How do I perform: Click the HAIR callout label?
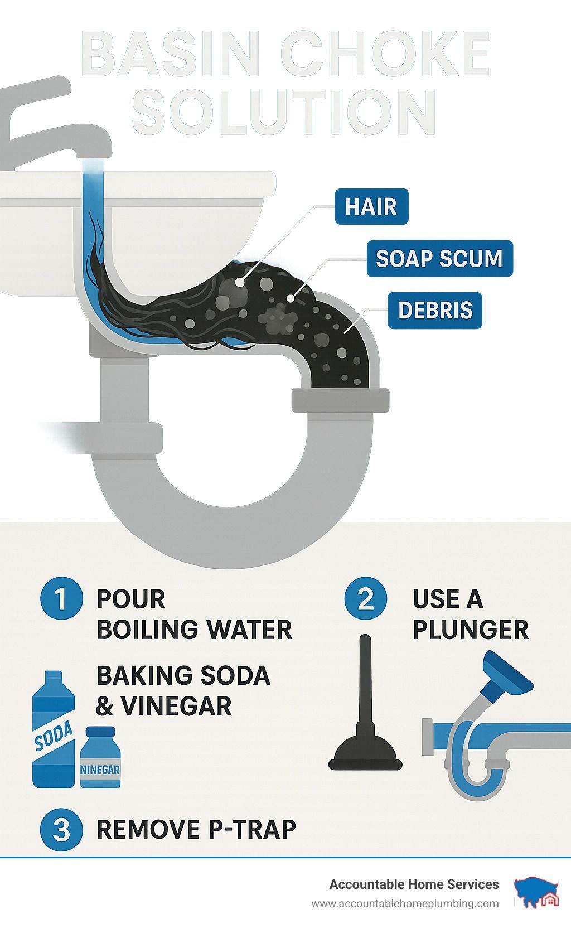[371, 206]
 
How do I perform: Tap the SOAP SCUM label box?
[439, 258]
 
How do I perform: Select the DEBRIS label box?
[435, 310]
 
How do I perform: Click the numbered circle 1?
[61, 598]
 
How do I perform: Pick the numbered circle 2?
[366, 598]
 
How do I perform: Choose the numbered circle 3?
[61, 830]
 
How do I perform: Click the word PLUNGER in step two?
[471, 630]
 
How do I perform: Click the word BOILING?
[148, 630]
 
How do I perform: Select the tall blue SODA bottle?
[54, 729]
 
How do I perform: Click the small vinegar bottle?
[100, 758]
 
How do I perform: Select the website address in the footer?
[405, 904]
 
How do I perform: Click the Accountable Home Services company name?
[414, 884]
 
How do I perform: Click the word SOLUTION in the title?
[284, 111]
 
